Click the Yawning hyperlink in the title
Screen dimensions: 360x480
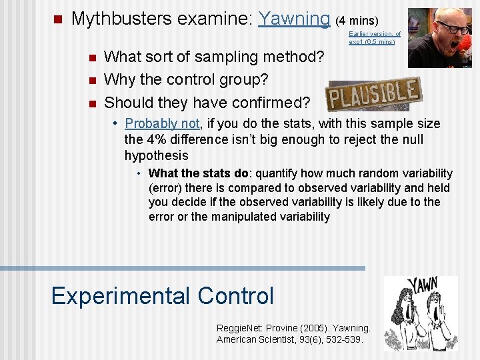[x=294, y=19]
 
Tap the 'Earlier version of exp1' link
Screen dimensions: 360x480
[x=374, y=37]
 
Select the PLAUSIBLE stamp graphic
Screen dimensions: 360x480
[x=373, y=95]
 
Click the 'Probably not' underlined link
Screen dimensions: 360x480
[x=162, y=123]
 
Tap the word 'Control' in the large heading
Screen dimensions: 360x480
[x=233, y=295]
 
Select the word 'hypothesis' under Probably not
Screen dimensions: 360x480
[x=157, y=155]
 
